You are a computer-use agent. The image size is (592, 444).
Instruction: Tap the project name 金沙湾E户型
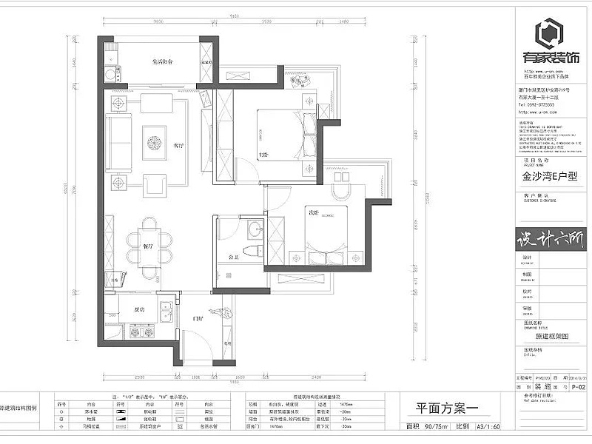click(x=544, y=178)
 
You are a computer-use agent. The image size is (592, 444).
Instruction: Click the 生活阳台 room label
click(x=163, y=63)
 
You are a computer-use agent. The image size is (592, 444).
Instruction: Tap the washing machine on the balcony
click(x=112, y=73)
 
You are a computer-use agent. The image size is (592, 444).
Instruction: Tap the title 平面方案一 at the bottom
click(x=434, y=408)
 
